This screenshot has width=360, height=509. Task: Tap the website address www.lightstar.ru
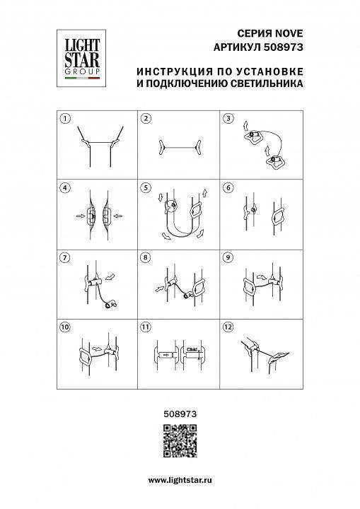tap(180, 480)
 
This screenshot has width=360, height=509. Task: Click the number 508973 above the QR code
tap(180, 409)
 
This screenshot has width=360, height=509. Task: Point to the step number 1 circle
tap(64, 119)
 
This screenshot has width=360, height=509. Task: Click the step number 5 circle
tap(146, 187)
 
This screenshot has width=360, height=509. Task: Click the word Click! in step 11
tap(192, 346)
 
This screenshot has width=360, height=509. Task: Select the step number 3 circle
tap(228, 119)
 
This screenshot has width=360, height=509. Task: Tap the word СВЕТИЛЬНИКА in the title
tap(268, 83)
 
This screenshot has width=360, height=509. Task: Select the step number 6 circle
tap(228, 187)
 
